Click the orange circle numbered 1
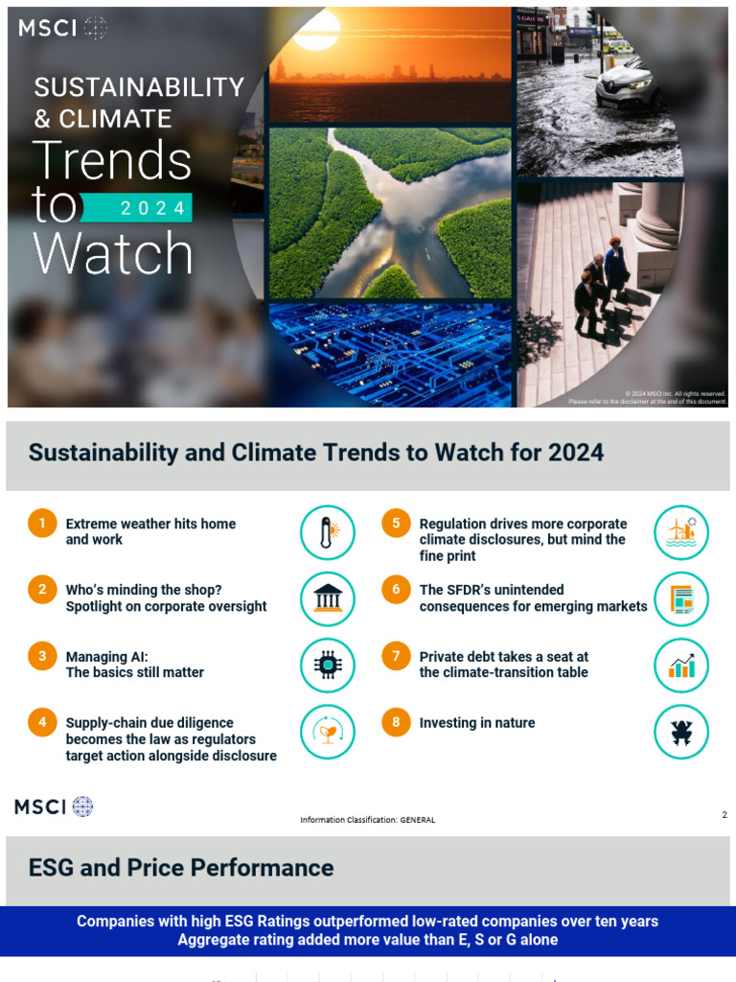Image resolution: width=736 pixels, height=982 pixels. pos(42,524)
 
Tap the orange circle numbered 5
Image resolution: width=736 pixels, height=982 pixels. pos(396,524)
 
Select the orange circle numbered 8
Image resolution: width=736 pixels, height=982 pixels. pos(396,722)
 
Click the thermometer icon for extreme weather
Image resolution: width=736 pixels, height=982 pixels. pos(328,533)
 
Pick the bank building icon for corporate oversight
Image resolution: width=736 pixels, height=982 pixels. pos(328,599)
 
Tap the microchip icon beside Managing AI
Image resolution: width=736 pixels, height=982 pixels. pos(328,666)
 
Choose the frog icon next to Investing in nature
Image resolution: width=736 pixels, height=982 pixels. pos(681,732)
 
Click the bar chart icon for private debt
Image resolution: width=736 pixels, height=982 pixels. pos(681,666)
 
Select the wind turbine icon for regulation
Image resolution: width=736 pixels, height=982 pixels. pos(681,533)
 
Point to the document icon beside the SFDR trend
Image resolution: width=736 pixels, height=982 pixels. pos(681,599)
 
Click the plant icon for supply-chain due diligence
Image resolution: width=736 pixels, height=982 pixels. pos(328,732)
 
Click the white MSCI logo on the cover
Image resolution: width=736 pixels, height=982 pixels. pos(62,29)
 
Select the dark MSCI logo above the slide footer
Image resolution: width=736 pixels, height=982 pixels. pos(54,807)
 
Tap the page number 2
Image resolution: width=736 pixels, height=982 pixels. pos(724,815)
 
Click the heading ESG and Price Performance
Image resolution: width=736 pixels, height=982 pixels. pos(181,868)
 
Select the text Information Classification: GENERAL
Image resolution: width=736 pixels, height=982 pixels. pos(367,820)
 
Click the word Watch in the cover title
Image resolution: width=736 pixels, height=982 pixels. pos(113,254)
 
